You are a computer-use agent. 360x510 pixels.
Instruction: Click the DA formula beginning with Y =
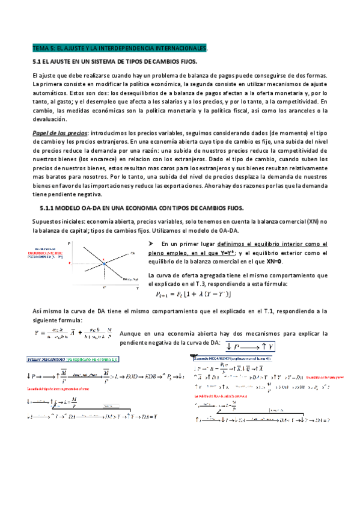click(x=72, y=333)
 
